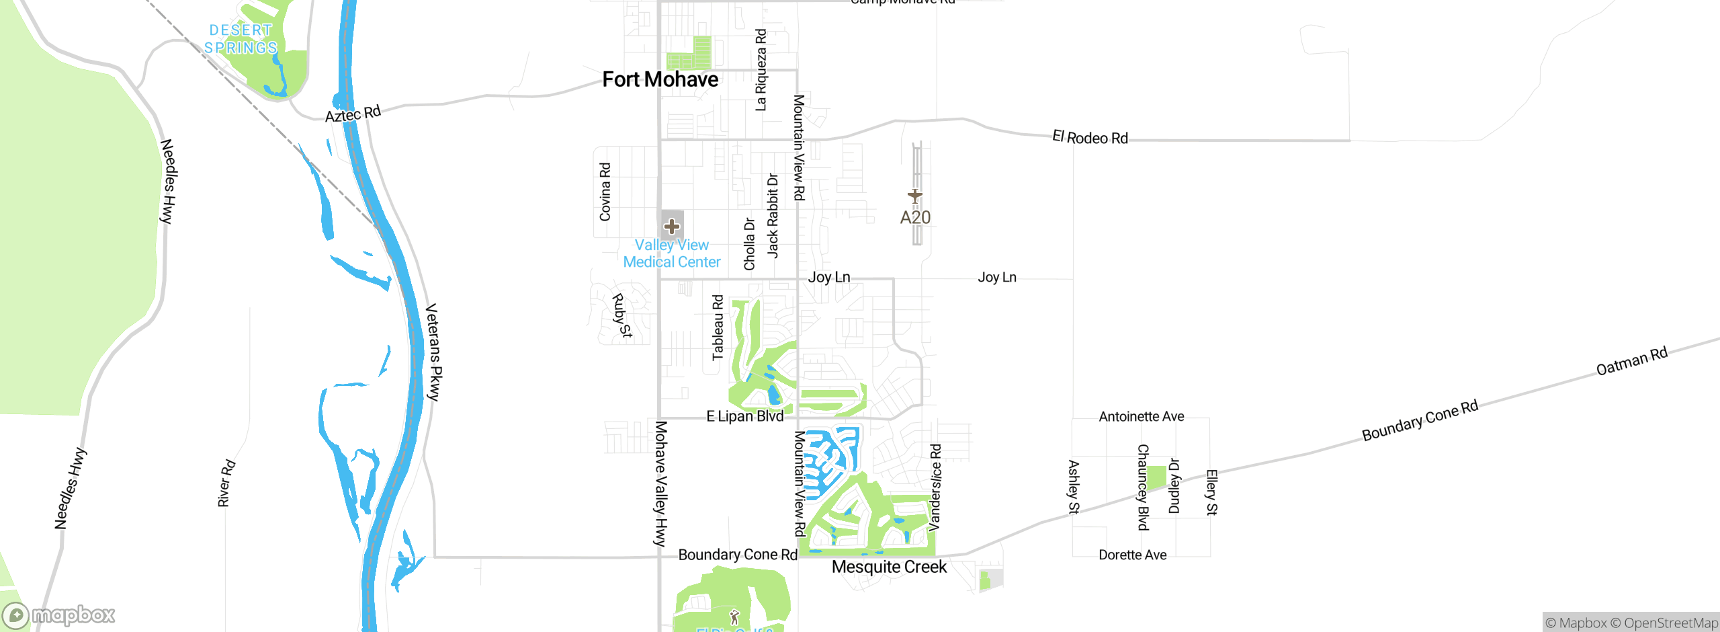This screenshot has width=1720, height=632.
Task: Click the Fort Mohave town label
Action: tap(660, 80)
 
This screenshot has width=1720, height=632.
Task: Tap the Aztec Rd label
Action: tap(353, 114)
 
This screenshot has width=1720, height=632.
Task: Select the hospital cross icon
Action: tap(672, 226)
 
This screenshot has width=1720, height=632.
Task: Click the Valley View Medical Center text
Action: tap(672, 253)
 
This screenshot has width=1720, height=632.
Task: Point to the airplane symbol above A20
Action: tap(914, 196)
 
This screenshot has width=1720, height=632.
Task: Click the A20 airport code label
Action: tap(915, 218)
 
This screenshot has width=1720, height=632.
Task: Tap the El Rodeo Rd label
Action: tap(1090, 138)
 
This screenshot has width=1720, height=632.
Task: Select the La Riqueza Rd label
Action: tap(761, 70)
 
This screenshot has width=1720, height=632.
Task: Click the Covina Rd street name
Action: tap(605, 192)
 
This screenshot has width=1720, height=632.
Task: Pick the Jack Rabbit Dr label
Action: tap(773, 216)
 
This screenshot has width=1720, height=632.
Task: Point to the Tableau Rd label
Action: tap(718, 327)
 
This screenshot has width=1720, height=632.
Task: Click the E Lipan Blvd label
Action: tap(744, 417)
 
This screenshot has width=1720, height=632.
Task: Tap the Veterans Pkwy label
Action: tap(434, 352)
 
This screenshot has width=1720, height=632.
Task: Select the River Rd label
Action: tap(226, 483)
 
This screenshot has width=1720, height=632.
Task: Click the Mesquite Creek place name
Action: tap(889, 567)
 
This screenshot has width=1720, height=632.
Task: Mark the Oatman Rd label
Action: tap(1631, 361)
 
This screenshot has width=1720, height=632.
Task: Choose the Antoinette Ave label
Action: tap(1141, 417)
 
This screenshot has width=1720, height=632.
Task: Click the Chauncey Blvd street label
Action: tap(1143, 487)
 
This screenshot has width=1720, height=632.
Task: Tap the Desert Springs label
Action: tap(241, 39)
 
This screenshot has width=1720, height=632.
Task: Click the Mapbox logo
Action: tap(59, 615)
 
